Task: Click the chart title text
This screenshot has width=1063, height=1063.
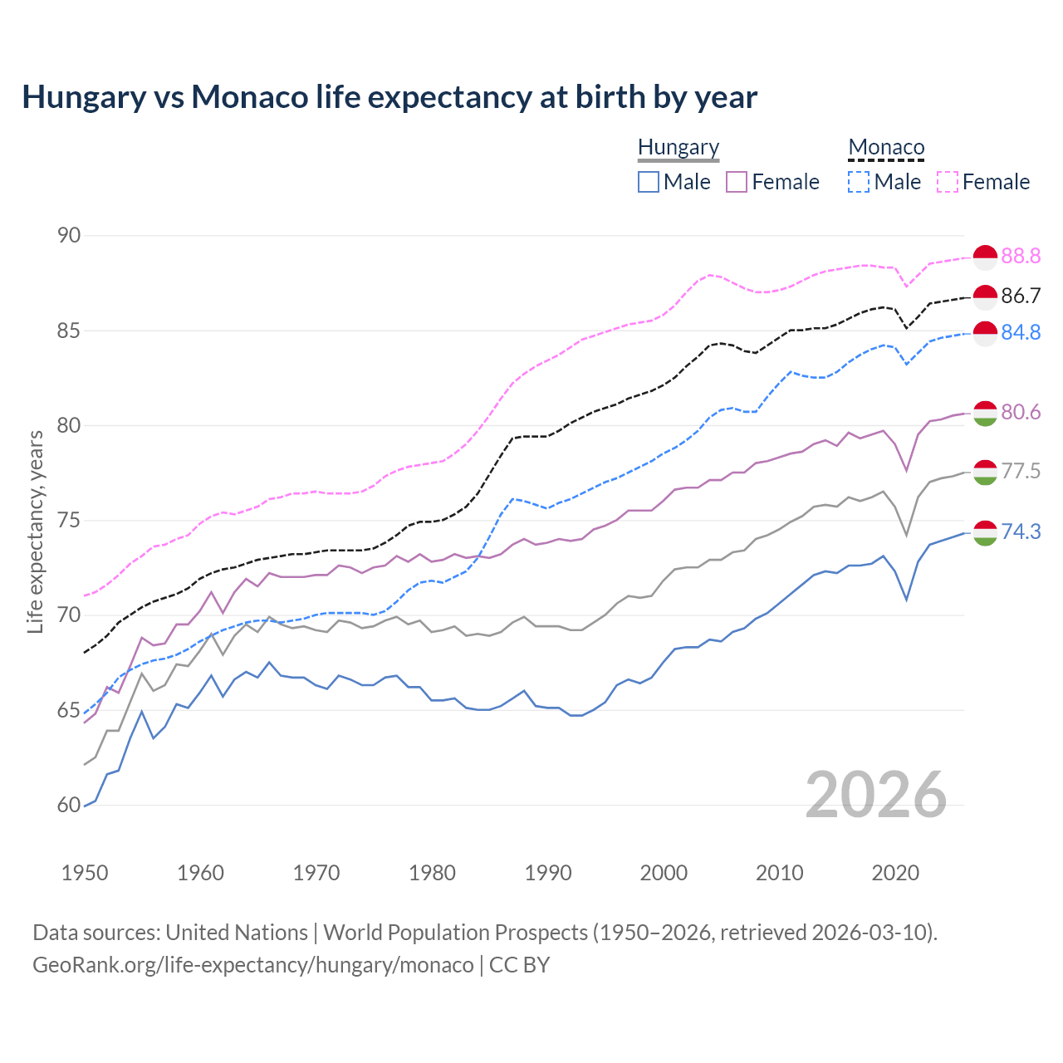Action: point(389,97)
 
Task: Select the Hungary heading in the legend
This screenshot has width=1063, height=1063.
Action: point(678,147)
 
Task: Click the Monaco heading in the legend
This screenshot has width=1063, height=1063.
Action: point(886,147)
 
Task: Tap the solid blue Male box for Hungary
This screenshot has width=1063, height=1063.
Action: point(649,182)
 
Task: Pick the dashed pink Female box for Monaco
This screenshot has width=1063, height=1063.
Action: point(948,182)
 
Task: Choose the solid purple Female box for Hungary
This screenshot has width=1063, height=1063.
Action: point(737,182)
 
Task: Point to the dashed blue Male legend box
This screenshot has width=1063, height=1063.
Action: point(859,182)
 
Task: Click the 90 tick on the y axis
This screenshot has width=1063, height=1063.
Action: point(69,236)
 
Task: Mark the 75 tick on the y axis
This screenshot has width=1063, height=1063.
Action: point(69,521)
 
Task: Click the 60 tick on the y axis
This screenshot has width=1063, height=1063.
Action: point(69,806)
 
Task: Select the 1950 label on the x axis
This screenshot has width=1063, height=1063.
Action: point(85,873)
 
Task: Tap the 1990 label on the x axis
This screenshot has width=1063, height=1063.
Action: point(548,873)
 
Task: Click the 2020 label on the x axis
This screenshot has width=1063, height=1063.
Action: point(895,873)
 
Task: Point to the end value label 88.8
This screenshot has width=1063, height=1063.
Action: point(1021,257)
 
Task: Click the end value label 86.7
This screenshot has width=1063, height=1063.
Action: point(1021,296)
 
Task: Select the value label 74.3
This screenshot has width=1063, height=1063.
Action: point(1021,532)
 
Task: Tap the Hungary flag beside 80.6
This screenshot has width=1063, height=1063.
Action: point(985,413)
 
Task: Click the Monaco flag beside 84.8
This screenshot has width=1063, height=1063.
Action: point(985,333)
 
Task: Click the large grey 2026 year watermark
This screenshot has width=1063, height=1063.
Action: point(876,795)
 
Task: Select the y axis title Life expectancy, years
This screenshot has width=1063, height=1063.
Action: point(36,531)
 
